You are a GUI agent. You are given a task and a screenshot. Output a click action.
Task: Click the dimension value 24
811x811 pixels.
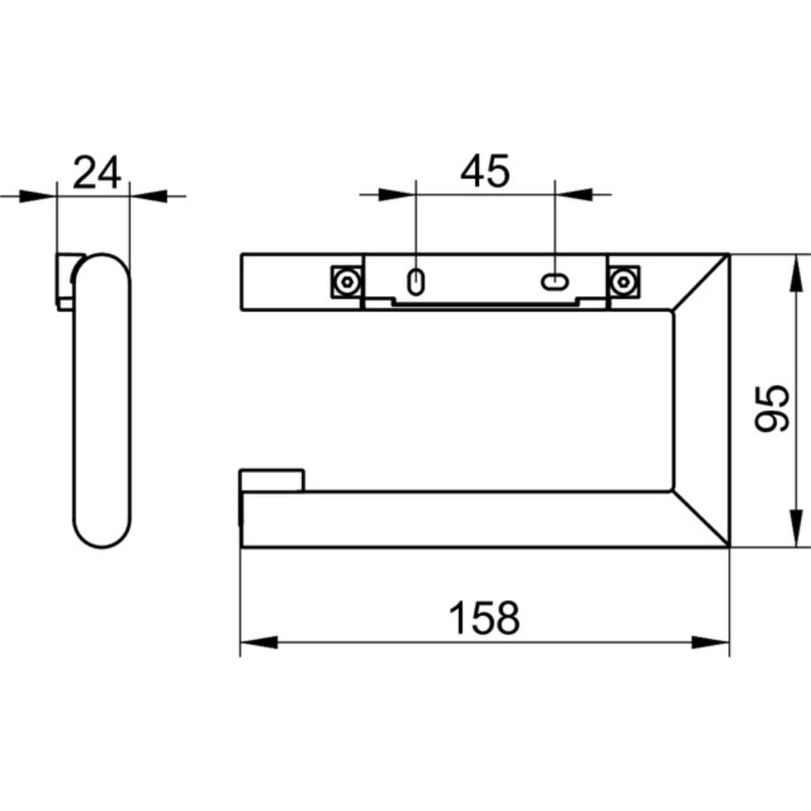(x=97, y=172)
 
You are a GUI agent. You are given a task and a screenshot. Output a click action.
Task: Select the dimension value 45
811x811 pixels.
(x=485, y=171)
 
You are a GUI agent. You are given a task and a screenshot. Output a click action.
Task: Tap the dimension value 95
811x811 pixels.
(x=771, y=409)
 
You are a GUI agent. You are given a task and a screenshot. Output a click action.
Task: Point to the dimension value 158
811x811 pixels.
(x=485, y=618)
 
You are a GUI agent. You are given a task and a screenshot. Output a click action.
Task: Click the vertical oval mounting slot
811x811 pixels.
(x=416, y=282)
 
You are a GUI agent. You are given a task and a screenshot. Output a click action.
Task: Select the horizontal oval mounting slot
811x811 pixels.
(x=555, y=282)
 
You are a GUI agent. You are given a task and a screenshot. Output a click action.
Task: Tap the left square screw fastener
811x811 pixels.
(x=347, y=282)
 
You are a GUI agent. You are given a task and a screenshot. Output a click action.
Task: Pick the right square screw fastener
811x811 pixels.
(x=624, y=282)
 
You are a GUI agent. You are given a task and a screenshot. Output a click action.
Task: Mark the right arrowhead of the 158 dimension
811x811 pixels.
(x=710, y=654)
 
